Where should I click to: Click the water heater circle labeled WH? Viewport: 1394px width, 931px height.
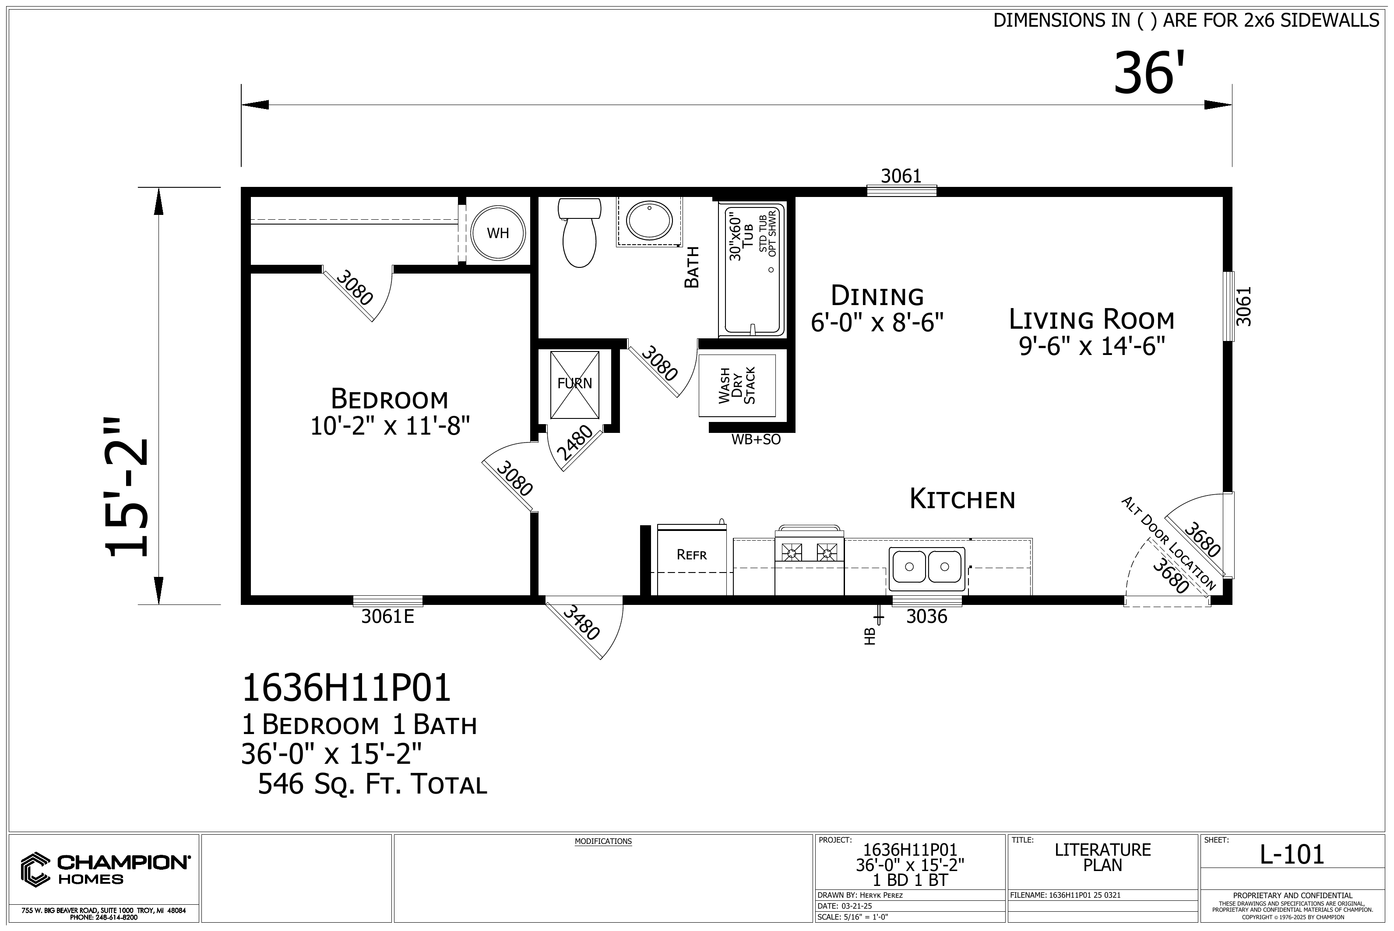[x=498, y=233]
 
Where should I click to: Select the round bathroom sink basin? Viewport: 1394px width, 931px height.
[x=648, y=220]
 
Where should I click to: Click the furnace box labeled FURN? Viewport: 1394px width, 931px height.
[x=574, y=385]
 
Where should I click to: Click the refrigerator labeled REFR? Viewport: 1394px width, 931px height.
[x=692, y=559]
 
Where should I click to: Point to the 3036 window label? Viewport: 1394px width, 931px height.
[x=926, y=617]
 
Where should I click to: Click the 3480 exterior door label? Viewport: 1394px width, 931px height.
[x=580, y=623]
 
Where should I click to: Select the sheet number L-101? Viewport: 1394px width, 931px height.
[x=1292, y=854]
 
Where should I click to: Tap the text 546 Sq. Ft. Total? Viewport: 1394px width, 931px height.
[x=373, y=785]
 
